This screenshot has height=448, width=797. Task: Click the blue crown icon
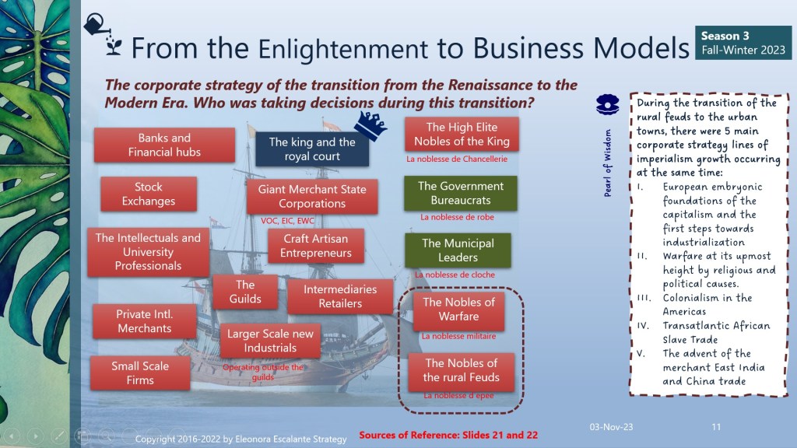point(370,125)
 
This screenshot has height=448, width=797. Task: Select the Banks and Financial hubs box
point(164,145)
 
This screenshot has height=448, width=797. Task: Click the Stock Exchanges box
point(149,194)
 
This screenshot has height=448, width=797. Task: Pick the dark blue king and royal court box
point(312,149)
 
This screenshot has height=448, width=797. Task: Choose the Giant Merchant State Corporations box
point(312,197)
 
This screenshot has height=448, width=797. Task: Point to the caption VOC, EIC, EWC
point(287,221)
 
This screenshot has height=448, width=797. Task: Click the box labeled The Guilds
point(245,292)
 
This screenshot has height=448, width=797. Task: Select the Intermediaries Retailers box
point(340,296)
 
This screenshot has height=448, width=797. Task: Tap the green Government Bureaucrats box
point(461,194)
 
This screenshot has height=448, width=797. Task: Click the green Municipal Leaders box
point(458,250)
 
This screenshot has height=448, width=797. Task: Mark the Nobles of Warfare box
point(458,310)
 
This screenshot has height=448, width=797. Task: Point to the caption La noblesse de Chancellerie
point(456,159)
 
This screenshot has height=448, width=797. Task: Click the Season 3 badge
point(743,43)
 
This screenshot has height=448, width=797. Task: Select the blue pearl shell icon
point(607,105)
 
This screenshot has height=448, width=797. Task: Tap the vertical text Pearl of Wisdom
point(607,163)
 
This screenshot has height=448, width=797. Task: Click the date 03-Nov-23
point(611,427)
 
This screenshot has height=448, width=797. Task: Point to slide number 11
point(716,427)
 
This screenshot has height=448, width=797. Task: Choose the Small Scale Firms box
point(140,373)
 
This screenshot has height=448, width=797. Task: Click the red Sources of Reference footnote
point(448,436)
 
